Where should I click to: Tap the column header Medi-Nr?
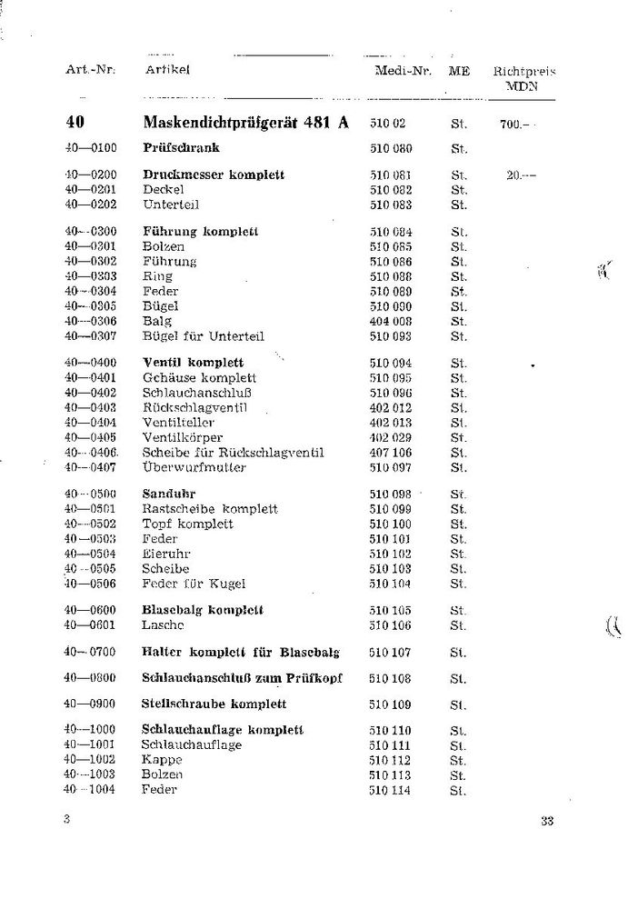tap(401, 70)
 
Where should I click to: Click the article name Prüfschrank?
tap(181, 147)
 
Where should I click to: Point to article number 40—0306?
tap(92, 321)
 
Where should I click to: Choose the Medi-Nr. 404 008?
tap(391, 321)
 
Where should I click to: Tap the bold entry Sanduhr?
tap(164, 494)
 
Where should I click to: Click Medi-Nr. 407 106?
tap(391, 453)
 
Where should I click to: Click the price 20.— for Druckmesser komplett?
tap(521, 175)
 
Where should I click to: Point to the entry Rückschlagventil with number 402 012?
tap(194, 407)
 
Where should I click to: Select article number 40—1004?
tap(92, 789)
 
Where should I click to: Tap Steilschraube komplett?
tap(214, 704)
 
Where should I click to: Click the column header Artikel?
tap(166, 70)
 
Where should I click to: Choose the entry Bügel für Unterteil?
tap(203, 336)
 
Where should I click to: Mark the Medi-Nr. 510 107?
tap(390, 652)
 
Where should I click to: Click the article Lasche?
tap(164, 625)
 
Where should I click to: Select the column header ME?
tap(459, 70)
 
